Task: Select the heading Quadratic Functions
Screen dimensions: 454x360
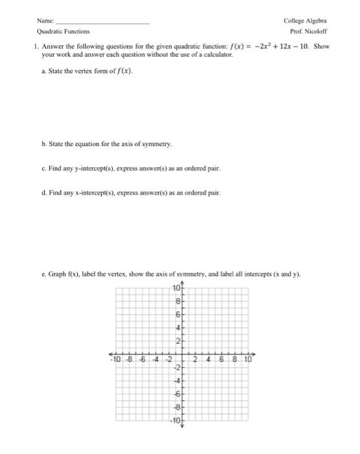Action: tap(64, 30)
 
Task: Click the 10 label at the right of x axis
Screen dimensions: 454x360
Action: tap(248, 359)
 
